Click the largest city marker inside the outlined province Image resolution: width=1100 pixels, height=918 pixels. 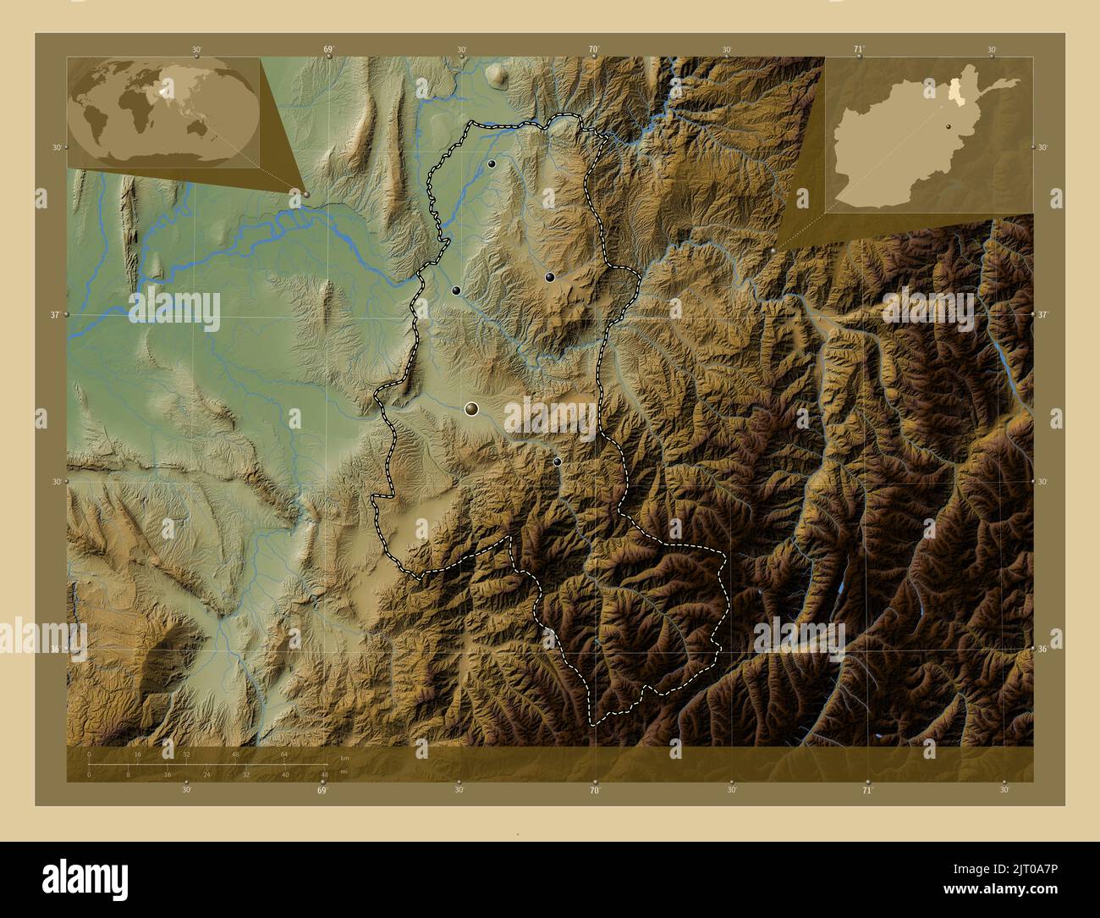tap(471, 409)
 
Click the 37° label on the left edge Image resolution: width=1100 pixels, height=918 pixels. tap(57, 314)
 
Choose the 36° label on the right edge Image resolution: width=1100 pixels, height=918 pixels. tap(1044, 650)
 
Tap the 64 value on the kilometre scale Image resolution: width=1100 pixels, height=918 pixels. tap(285, 753)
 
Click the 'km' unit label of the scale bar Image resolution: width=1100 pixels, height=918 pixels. tap(344, 757)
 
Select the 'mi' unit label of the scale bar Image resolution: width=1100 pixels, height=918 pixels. tap(344, 771)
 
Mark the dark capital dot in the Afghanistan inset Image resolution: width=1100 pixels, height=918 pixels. tap(950, 125)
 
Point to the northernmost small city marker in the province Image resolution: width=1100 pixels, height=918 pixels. tap(492, 163)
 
